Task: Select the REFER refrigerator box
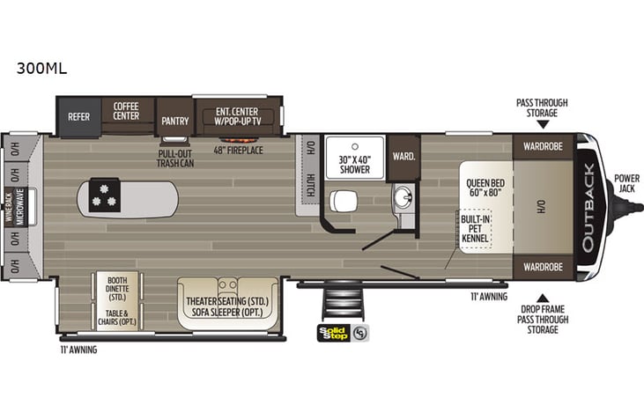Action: pos(78,115)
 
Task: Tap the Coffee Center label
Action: pos(126,111)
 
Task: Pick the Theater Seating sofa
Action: pos(226,304)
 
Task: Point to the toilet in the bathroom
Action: pos(343,202)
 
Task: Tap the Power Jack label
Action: pos(626,182)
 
